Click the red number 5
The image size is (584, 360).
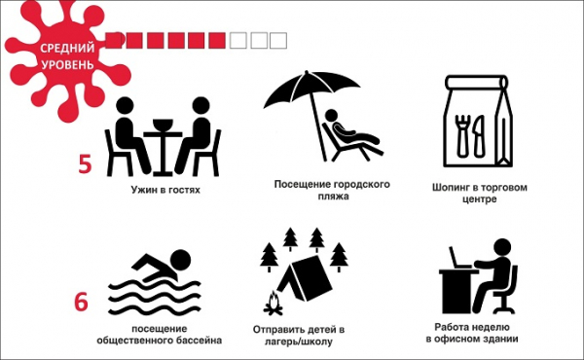(85, 163)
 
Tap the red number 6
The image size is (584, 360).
(81, 302)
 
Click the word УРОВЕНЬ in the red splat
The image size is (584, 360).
(67, 64)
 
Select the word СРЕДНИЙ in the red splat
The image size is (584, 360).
(67, 48)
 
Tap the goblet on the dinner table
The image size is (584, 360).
(163, 126)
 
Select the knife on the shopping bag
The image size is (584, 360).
(479, 135)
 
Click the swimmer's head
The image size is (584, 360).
(180, 260)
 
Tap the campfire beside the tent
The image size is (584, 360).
(273, 305)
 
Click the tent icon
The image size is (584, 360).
(306, 278)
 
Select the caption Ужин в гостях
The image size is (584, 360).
(165, 190)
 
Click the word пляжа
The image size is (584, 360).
(334, 197)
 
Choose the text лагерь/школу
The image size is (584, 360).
(299, 342)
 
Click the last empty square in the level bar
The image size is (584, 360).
(278, 41)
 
